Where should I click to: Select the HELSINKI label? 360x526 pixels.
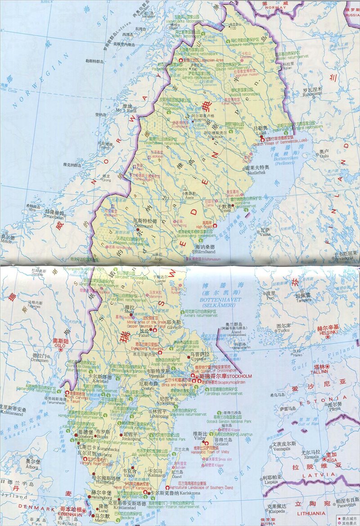pos(327,332)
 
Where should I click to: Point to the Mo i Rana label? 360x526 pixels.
pos(125,110)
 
